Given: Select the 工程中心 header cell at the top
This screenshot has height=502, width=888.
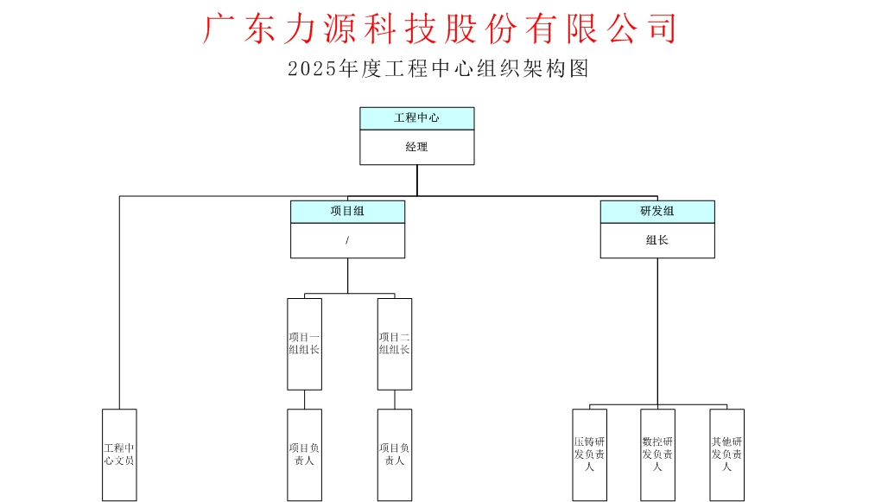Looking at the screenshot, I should tap(416, 118).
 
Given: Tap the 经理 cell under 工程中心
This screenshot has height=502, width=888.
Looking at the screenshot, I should tap(416, 148).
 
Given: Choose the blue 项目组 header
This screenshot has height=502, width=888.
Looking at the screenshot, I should tap(347, 212).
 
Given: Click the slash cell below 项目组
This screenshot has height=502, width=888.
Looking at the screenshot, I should tap(347, 241).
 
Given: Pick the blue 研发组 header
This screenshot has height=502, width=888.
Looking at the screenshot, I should tap(657, 212).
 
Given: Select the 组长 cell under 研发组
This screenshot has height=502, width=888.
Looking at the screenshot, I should tap(657, 241).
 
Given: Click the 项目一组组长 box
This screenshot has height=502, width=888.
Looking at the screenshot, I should tap(304, 344).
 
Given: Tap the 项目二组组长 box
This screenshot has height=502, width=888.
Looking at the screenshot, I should tap(395, 344).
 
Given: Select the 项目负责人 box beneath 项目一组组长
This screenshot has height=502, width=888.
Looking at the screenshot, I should tap(304, 454).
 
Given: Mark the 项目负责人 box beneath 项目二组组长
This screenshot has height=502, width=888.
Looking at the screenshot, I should tap(395, 454).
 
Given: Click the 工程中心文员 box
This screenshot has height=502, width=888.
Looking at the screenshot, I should tap(119, 454).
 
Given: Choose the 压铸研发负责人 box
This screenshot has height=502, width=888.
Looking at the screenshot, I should tap(589, 454).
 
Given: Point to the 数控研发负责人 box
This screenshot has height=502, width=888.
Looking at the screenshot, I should tap(657, 454).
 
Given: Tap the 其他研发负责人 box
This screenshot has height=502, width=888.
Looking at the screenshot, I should tap(726, 454).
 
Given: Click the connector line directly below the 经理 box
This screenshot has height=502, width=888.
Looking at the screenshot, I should tap(416, 180).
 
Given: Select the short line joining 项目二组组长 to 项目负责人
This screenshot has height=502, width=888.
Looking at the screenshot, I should tap(395, 399).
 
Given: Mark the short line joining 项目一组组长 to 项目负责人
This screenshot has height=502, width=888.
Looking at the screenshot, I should tap(304, 399).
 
